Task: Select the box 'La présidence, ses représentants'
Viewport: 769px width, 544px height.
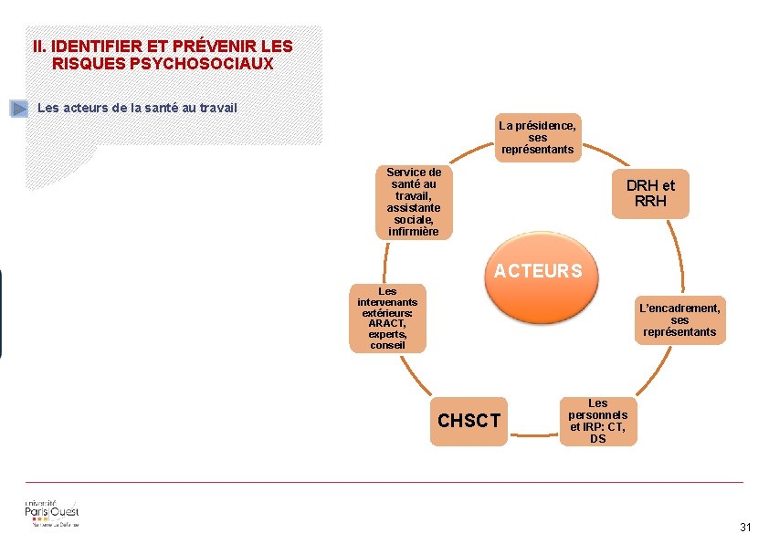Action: pyautogui.click(x=537, y=138)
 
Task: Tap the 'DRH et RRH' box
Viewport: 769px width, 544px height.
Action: pyautogui.click(x=650, y=193)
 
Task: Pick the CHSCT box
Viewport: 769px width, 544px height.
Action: pyautogui.click(x=469, y=421)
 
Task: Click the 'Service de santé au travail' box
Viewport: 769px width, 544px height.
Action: pyautogui.click(x=413, y=202)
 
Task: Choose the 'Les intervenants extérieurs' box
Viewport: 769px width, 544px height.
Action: pyautogui.click(x=387, y=318)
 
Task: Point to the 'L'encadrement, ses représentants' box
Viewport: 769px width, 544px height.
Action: pyautogui.click(x=679, y=319)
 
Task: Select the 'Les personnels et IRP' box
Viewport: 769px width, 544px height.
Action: pyautogui.click(x=597, y=421)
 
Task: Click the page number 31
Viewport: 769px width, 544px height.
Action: pyautogui.click(x=745, y=528)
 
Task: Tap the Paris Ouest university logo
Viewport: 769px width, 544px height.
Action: pyautogui.click(x=52, y=514)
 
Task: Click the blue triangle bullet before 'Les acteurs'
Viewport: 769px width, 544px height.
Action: pyautogui.click(x=19, y=109)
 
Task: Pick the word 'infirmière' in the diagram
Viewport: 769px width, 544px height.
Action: pyautogui.click(x=413, y=231)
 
